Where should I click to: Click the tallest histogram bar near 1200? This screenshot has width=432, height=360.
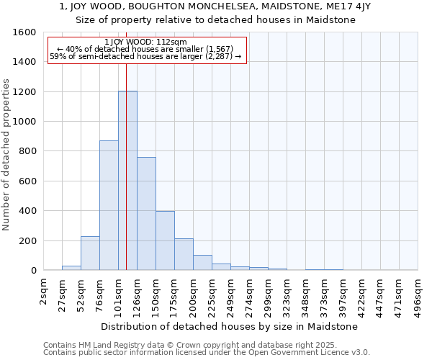pyautogui.click(x=127, y=180)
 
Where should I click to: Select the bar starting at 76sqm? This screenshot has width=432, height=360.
pyautogui.click(x=109, y=205)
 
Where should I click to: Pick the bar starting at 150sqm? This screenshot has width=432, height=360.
pyautogui.click(x=165, y=240)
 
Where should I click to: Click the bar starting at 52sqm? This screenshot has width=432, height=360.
pyautogui.click(x=90, y=253)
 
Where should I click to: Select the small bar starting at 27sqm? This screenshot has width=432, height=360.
pyautogui.click(x=71, y=268)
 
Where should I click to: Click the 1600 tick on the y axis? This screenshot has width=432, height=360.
pyautogui.click(x=24, y=32)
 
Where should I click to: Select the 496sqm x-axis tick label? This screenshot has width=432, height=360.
pyautogui.click(x=418, y=292)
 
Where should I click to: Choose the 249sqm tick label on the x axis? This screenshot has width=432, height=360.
pyautogui.click(x=231, y=292)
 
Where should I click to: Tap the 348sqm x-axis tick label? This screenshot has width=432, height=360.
pyautogui.click(x=306, y=292)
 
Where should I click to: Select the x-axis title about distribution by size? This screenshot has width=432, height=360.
pyautogui.click(x=230, y=326)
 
